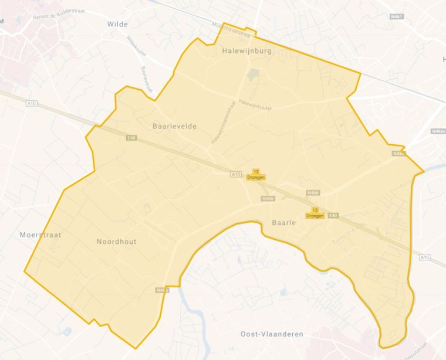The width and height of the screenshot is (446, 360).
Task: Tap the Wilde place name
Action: [x=118, y=24]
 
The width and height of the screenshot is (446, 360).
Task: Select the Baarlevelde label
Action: [x=174, y=126]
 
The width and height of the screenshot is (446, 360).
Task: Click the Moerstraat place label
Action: [x=40, y=235]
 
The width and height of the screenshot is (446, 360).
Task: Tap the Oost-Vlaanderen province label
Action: [x=272, y=334]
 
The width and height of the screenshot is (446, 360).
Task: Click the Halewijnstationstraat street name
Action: [x=224, y=123]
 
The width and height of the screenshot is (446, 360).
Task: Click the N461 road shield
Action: [x=397, y=17]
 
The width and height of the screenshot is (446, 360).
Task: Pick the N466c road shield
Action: [x=438, y=131]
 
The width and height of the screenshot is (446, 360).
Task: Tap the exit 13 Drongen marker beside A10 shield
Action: [x=256, y=174]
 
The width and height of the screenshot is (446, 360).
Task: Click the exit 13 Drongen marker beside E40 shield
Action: [x=315, y=213]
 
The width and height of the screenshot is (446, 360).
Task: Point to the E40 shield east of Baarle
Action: [x=333, y=215]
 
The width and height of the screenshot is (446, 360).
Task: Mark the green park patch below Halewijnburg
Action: [x=253, y=74]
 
